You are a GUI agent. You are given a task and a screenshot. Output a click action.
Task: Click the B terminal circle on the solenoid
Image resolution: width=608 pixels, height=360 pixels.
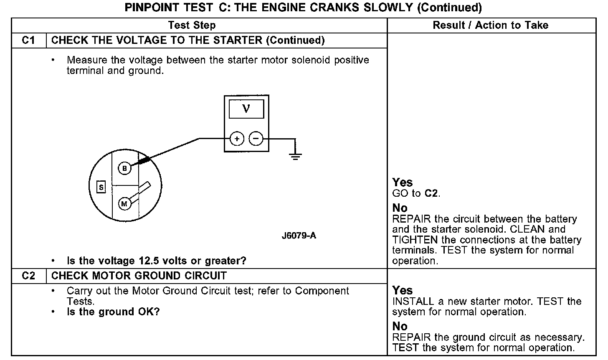click(124, 168)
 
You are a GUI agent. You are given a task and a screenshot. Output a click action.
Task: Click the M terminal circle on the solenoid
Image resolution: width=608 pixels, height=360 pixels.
click(124, 204)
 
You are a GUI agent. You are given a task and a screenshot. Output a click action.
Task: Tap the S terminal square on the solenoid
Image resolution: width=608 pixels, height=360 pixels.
click(101, 187)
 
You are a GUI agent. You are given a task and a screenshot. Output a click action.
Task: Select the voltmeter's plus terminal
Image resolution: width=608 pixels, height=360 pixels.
click(237, 138)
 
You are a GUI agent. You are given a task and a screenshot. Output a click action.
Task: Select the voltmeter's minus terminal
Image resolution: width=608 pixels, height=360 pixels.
click(256, 138)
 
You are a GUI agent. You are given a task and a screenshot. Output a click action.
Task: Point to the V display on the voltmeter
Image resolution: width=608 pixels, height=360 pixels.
click(246, 109)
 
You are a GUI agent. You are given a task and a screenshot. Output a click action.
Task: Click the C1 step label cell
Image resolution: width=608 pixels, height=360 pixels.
click(28, 41)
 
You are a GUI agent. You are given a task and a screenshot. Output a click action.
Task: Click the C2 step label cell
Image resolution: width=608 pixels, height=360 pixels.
click(28, 276)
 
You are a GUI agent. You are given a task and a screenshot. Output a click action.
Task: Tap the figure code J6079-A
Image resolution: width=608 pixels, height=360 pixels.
click(299, 236)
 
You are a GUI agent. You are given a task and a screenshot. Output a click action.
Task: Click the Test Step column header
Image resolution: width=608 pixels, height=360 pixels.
click(192, 25)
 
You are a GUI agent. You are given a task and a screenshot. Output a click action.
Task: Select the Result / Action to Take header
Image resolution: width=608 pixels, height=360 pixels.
click(490, 25)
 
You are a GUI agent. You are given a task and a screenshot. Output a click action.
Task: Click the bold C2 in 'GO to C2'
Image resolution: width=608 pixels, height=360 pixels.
click(432, 193)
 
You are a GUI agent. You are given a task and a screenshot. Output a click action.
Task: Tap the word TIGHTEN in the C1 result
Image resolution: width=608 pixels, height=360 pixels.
click(415, 240)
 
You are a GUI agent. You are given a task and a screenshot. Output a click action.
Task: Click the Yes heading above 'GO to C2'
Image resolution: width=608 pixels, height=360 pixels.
click(402, 183)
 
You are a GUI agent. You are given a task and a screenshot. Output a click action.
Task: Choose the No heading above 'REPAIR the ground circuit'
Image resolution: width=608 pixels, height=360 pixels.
click(400, 326)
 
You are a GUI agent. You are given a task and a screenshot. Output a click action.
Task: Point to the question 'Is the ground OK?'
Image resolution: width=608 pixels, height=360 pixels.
click(113, 312)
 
